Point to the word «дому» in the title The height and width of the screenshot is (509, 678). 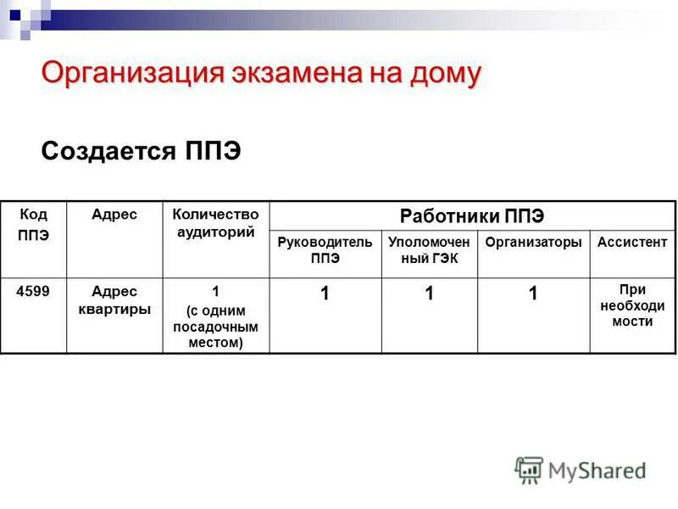tap(441, 74)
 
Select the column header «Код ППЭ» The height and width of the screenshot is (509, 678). tap(33, 225)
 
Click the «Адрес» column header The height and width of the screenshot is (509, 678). tap(114, 215)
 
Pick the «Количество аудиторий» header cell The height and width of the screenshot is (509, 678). tap(215, 223)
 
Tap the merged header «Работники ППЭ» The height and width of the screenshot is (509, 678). tap(472, 215)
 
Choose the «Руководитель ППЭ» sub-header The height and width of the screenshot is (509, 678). tap(325, 250)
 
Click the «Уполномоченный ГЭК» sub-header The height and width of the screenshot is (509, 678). tap(429, 250)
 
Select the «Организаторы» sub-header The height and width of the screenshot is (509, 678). tap(533, 243)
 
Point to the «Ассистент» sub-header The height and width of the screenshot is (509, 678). tap(632, 243)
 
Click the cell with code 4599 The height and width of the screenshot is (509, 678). tap(33, 291)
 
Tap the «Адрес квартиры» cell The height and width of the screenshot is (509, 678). tap(114, 300)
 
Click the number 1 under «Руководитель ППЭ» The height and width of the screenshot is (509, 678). tap(325, 294)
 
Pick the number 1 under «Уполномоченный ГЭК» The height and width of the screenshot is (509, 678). tap(430, 294)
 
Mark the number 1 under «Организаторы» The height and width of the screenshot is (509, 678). tap(533, 294)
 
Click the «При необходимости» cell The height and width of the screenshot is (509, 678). tap(632, 305)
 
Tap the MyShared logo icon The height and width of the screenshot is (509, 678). tap(529, 469)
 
